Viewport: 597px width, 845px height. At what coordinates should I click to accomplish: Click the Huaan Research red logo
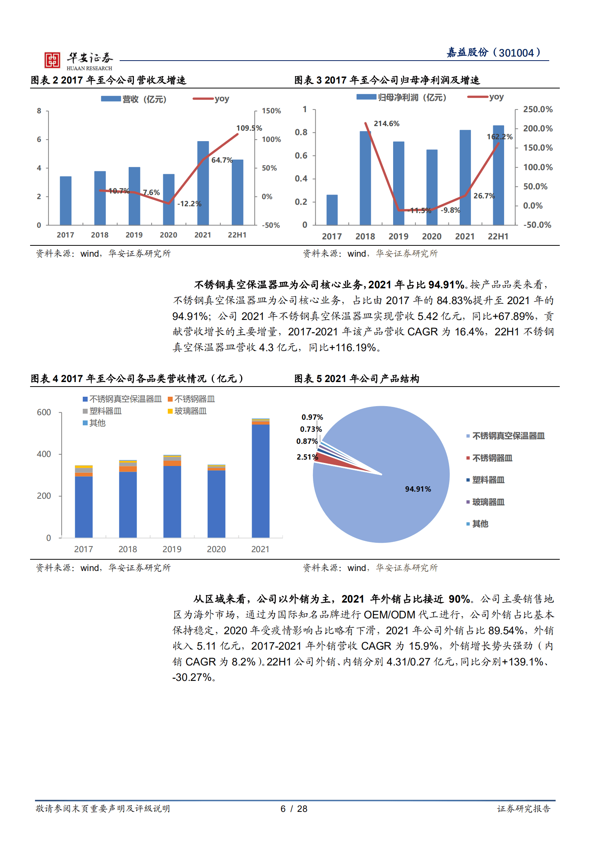pos(52,60)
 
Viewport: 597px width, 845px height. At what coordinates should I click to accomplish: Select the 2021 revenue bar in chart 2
pos(203,183)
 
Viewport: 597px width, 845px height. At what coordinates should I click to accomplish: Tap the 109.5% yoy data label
pos(249,128)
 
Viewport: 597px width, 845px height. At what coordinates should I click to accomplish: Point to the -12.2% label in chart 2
pos(189,204)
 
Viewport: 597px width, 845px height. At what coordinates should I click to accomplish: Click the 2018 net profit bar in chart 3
pos(365,178)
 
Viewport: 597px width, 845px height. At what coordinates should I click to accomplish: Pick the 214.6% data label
pos(386,123)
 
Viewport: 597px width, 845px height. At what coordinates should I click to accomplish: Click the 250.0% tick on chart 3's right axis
pos(538,110)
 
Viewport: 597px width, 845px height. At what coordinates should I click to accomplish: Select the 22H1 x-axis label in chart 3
pos(498,236)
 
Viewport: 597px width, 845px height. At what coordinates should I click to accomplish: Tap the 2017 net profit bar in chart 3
pos(332,210)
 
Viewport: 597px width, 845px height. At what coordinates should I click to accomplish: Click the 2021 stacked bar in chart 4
pos(260,478)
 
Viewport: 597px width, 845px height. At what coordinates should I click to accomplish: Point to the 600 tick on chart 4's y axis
pos(44,413)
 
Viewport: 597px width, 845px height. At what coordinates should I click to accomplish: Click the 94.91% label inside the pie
pos(418,489)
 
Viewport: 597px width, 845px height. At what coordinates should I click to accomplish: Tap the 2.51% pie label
pos(307,457)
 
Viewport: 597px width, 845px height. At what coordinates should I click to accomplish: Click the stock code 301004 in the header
pos(516,53)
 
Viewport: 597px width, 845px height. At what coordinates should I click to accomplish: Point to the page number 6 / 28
pos(294,809)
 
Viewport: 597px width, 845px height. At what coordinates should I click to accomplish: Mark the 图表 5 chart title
pos(356,379)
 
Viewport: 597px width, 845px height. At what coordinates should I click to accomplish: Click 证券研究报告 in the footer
pos(523,809)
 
